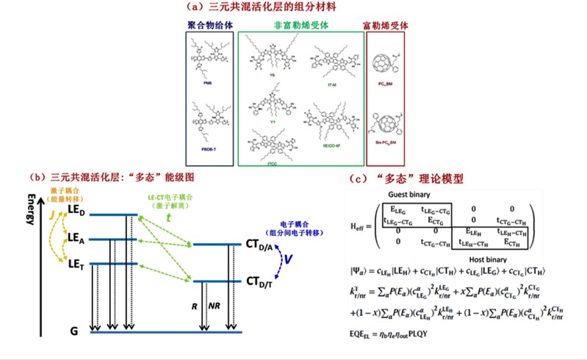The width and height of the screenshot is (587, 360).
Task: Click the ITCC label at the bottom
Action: click(271, 158)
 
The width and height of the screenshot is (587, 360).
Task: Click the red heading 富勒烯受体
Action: click(386, 25)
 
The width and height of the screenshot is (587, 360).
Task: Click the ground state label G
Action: click(73, 333)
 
